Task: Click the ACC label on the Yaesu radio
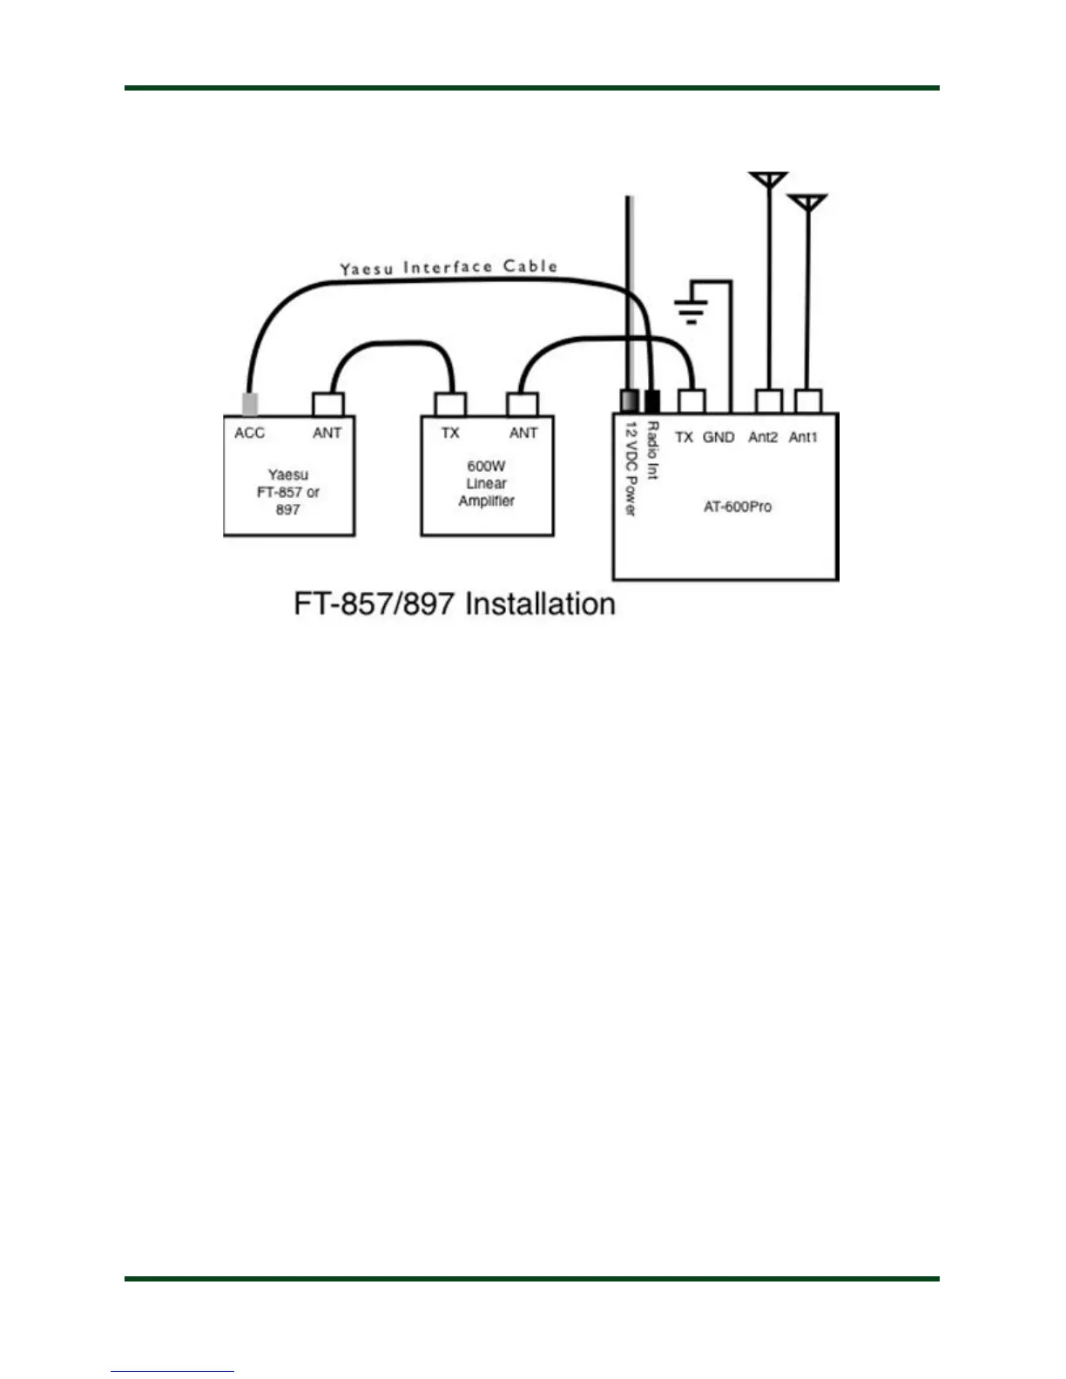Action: [x=249, y=433]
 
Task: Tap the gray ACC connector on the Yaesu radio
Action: [x=249, y=404]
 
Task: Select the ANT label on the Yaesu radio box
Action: [x=327, y=433]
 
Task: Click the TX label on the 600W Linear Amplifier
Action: [x=449, y=433]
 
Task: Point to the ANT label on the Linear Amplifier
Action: [x=523, y=433]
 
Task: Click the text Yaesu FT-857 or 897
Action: [x=288, y=492]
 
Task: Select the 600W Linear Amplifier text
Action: [x=486, y=483]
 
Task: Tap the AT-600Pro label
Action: [x=737, y=507]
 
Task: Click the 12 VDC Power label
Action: [x=631, y=468]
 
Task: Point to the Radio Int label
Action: [x=652, y=450]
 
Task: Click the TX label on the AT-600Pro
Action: [x=685, y=437]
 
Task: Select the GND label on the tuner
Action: [x=719, y=437]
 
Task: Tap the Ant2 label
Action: [x=763, y=437]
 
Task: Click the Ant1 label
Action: [x=803, y=437]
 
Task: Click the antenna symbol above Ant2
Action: [x=768, y=179]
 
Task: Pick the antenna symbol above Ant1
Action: [x=807, y=202]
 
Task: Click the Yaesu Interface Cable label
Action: [x=449, y=267]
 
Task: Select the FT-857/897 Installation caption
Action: [x=455, y=603]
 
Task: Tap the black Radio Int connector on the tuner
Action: [x=652, y=401]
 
